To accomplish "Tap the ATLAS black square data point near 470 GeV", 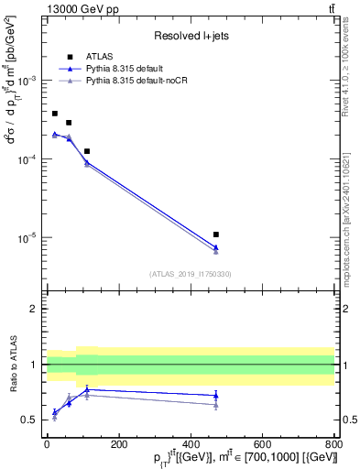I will click(216, 234).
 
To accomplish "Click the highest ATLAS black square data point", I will click(55, 114).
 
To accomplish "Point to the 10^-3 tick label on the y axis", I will click(27, 81).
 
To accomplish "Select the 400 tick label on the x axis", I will click(191, 444).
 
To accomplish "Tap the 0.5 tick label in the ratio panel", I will click(31, 420).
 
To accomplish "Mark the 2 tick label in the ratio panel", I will click(35, 309).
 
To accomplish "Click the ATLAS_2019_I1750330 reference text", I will click(191, 274).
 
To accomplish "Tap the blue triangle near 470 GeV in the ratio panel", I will click(216, 395).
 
